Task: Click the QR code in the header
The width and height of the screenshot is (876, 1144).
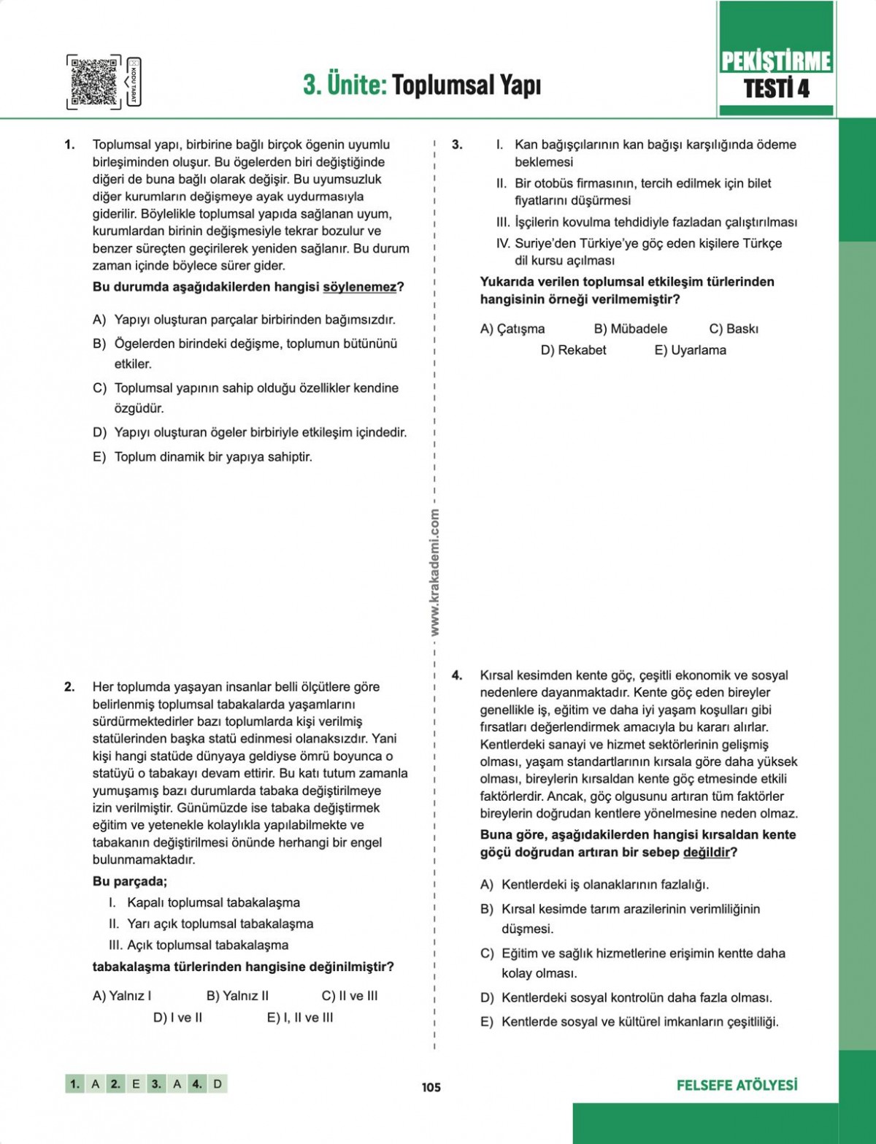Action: tap(94, 82)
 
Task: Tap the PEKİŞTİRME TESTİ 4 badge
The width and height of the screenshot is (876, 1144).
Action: tap(776, 74)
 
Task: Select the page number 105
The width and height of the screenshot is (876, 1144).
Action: tap(431, 1087)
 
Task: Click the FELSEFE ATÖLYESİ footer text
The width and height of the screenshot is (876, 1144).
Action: tap(737, 1085)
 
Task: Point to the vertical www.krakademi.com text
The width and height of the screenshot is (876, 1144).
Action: tap(435, 572)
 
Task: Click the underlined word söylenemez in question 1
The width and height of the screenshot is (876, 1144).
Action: tap(359, 287)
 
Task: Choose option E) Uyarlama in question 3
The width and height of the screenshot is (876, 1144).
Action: tap(690, 350)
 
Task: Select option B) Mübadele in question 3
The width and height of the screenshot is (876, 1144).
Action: tap(630, 329)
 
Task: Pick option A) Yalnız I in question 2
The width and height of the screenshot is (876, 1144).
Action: tap(122, 995)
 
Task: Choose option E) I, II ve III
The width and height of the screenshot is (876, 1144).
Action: tap(299, 1017)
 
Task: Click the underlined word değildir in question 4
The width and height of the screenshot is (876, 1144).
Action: tap(706, 852)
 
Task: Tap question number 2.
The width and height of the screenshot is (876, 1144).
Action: tap(69, 686)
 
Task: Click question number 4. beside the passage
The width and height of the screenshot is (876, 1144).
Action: tap(457, 675)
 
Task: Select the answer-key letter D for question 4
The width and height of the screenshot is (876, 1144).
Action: tap(218, 1084)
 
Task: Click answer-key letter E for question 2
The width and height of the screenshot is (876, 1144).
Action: tap(136, 1084)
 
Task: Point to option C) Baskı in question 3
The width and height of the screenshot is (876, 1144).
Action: tap(733, 329)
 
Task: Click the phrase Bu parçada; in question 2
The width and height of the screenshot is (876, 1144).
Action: tap(130, 881)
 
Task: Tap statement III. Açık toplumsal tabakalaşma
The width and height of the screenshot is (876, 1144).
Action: tap(199, 945)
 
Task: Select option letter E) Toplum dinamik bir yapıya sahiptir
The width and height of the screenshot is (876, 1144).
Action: tap(99, 457)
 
